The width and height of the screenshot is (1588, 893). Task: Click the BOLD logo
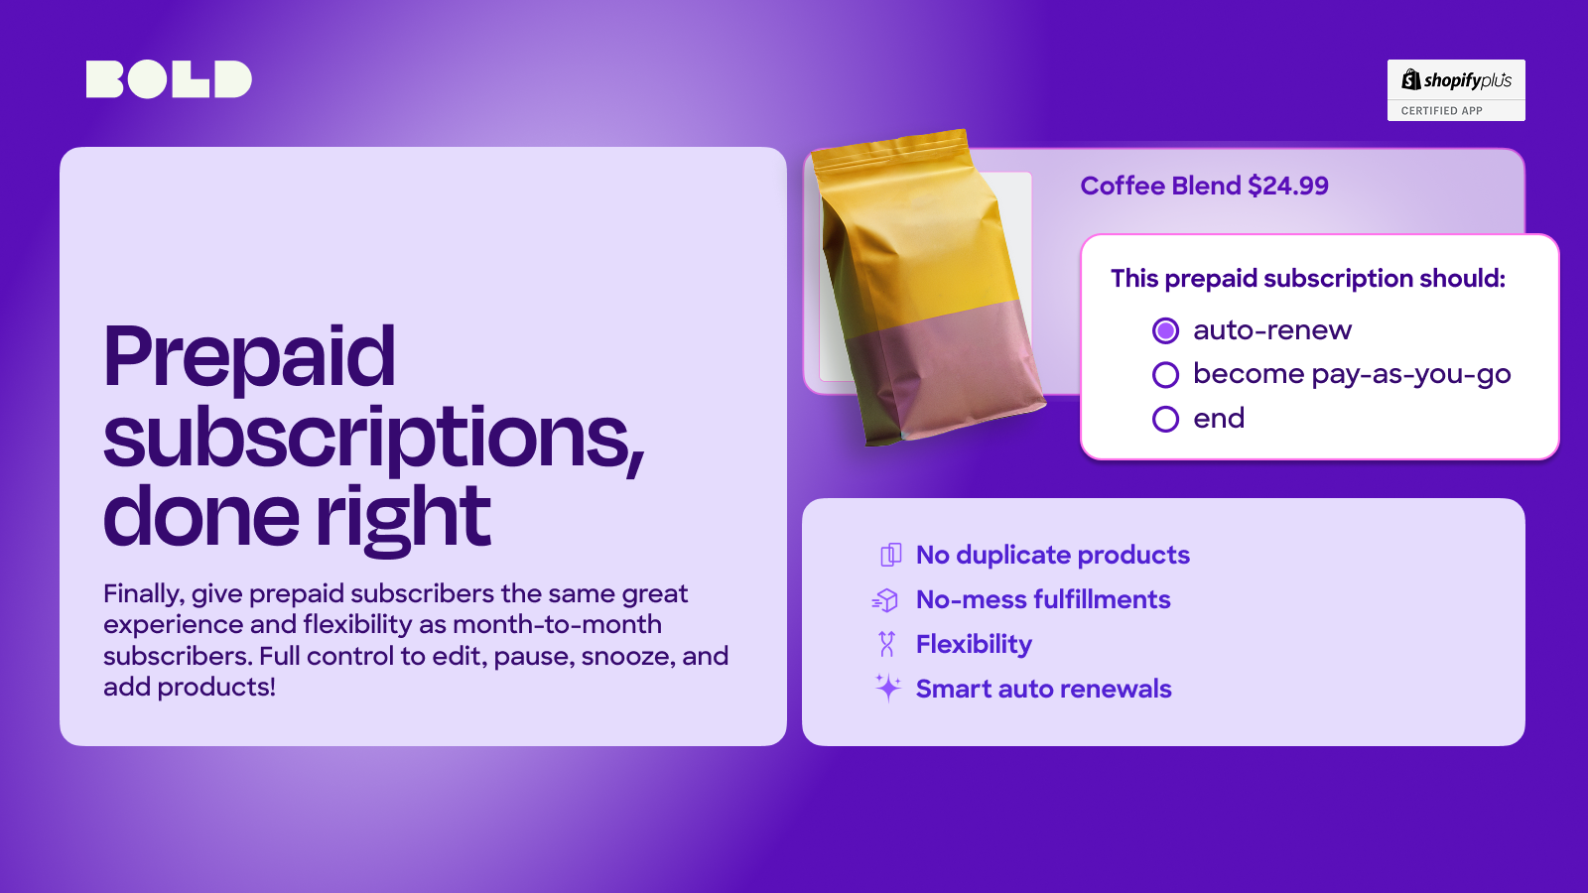pos(169,79)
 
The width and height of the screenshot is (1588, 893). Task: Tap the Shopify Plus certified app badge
pos(1455,90)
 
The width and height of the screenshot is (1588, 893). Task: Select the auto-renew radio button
pos(1165,330)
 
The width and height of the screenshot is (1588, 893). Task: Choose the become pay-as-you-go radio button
pos(1165,374)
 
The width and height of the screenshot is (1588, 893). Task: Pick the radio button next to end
pos(1165,419)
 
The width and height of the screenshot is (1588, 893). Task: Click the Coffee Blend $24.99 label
pos(1203,186)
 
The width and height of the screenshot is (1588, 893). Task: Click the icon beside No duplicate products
pos(890,555)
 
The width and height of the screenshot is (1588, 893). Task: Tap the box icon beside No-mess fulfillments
pos(885,599)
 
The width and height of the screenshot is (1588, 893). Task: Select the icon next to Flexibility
pos(887,644)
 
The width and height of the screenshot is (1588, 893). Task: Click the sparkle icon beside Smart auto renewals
pos(887,688)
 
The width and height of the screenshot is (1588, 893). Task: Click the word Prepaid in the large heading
pos(249,357)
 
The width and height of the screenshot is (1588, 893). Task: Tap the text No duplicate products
pos(1052,555)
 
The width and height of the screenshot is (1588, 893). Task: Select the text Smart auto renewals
pos(1043,689)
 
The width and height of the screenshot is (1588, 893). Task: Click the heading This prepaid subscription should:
pos(1307,279)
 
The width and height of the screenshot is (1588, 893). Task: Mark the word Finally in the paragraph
pos(143,593)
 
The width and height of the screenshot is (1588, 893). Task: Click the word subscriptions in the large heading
pos(373,438)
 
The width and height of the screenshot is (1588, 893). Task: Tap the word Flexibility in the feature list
pos(974,644)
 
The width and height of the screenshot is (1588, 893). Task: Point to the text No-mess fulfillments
pos(1043,599)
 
